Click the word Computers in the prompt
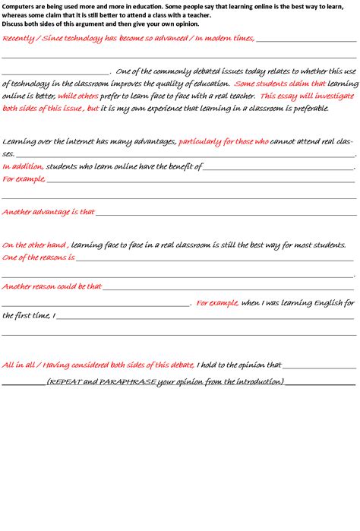[x=17, y=5]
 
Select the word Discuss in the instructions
[x=14, y=24]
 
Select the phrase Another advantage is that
[x=48, y=212]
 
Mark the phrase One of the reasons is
[x=39, y=258]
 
